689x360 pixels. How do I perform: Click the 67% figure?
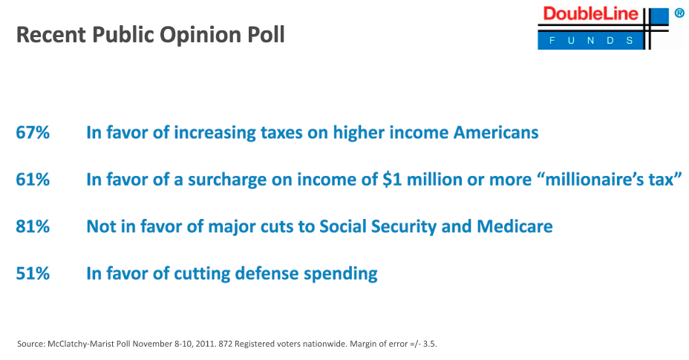point(33,133)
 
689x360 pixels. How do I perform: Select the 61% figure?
point(33,180)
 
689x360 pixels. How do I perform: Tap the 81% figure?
point(33,226)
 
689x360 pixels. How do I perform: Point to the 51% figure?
point(33,273)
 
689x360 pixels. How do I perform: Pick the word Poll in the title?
point(266,34)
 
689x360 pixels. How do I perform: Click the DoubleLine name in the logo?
point(590,14)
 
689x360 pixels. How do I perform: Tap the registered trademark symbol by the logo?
point(679,13)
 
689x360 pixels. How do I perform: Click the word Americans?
point(496,133)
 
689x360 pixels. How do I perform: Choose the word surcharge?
point(227,180)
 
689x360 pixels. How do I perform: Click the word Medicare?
point(515,226)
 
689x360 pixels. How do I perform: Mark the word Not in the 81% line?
point(99,226)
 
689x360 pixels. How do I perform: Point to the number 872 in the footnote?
point(226,344)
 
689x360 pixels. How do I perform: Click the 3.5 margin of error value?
point(430,344)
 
